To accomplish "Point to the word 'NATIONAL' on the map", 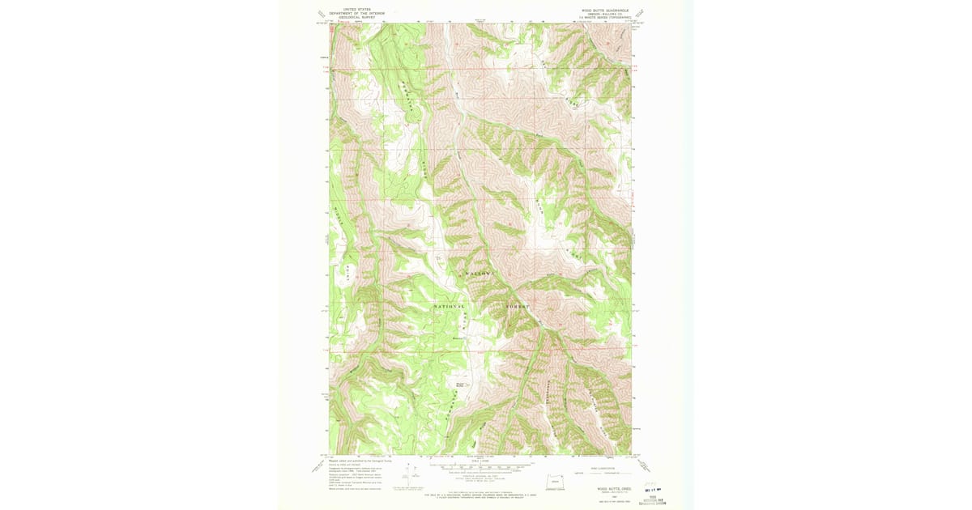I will click(x=450, y=307).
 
